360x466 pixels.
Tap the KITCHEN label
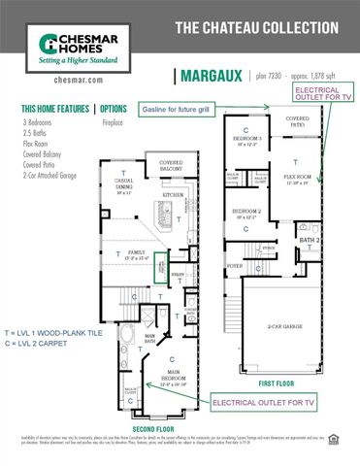[x=173, y=194]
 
